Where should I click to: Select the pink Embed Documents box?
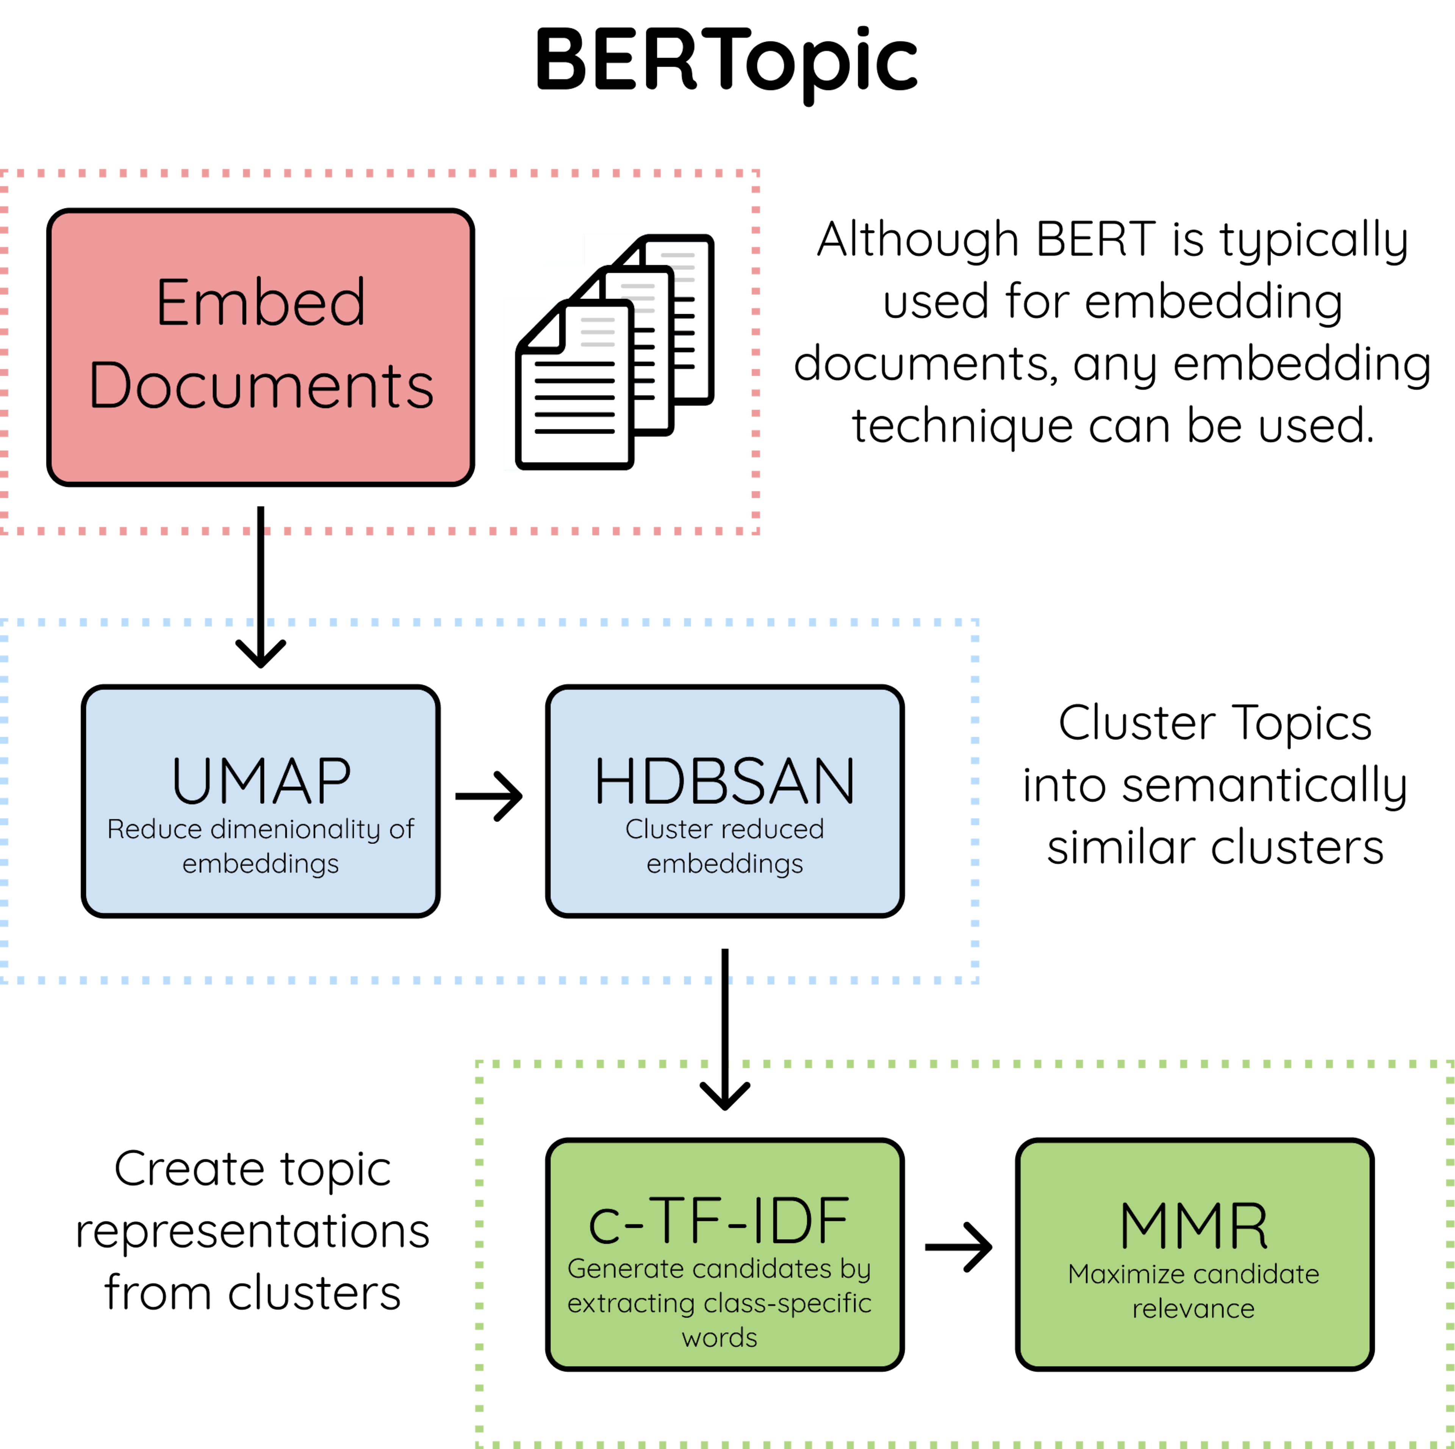coord(261,347)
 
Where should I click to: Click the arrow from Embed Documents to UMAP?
coord(261,588)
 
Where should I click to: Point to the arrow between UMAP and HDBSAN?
coord(490,796)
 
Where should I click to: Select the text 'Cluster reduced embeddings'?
coord(724,846)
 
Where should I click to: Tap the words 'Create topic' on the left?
coord(252,1169)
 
